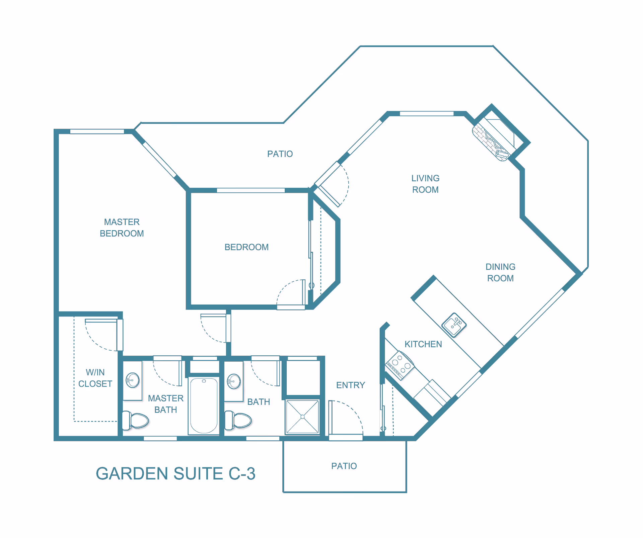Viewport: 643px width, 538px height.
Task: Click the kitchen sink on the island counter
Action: (x=454, y=325)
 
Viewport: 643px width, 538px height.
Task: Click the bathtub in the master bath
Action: (x=204, y=406)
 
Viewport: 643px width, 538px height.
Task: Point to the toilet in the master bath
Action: (x=135, y=420)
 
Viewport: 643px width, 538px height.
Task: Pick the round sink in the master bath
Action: (x=133, y=380)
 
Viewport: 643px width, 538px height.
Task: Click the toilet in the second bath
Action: (x=238, y=420)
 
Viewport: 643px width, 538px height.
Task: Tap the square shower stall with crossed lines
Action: (x=302, y=417)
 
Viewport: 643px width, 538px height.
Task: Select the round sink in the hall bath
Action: (x=234, y=381)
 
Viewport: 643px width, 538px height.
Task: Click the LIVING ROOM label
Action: (x=425, y=184)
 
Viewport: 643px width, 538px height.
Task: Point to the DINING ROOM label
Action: (x=500, y=272)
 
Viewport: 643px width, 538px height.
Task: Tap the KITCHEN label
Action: (x=423, y=344)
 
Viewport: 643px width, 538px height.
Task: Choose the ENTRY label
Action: (x=351, y=385)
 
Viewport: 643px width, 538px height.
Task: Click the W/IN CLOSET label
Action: (x=95, y=378)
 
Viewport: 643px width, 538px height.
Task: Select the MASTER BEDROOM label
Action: (x=122, y=228)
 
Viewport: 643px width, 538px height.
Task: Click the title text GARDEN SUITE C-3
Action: (x=175, y=474)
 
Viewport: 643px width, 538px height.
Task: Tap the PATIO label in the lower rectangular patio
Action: (x=344, y=466)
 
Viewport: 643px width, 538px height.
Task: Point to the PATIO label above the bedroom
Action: (x=280, y=154)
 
